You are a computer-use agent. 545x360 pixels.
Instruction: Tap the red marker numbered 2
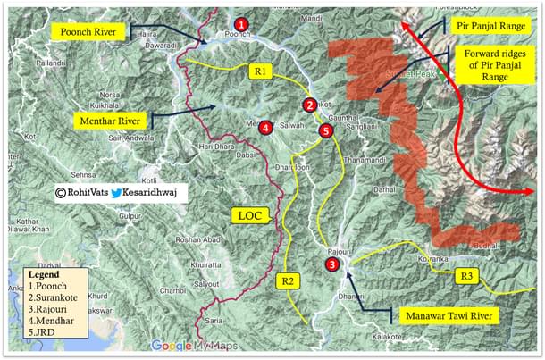click(x=309, y=105)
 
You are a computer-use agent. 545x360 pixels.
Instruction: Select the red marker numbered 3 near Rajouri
click(x=332, y=264)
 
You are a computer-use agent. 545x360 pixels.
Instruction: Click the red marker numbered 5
click(x=324, y=131)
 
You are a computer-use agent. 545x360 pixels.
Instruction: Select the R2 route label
click(x=288, y=280)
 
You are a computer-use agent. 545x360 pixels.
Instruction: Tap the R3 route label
click(x=467, y=276)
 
